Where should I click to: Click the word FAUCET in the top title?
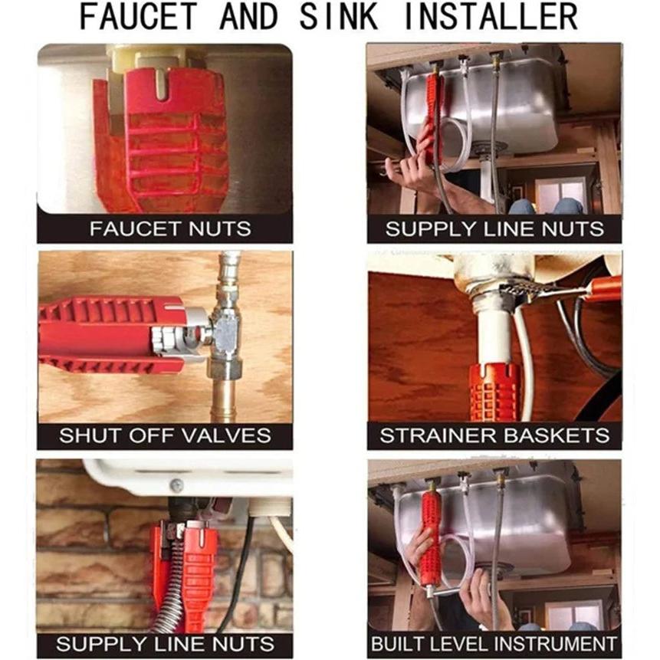coord(139,16)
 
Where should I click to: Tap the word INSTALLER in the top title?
coord(491,16)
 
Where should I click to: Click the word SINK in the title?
coord(338,16)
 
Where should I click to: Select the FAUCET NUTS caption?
coord(170,229)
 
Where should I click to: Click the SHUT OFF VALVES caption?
coord(165,435)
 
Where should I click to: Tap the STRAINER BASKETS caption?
coord(494,435)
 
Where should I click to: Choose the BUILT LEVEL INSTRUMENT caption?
coord(494,644)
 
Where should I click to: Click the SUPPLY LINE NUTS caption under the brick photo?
coord(165,644)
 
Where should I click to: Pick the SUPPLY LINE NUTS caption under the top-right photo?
coord(494,229)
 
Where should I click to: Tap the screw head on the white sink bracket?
coord(176,485)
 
